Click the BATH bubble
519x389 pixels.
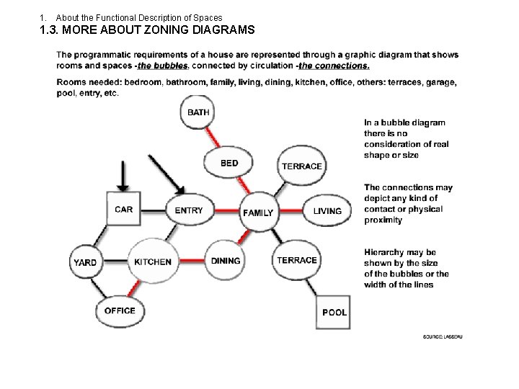(x=198, y=112)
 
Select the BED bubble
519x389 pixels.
(x=229, y=164)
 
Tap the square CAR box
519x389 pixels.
(x=124, y=210)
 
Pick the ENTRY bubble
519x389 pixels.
(x=189, y=210)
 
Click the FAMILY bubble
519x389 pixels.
(x=257, y=213)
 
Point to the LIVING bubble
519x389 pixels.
(x=327, y=211)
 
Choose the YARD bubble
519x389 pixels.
(x=85, y=262)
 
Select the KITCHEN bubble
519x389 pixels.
(x=153, y=261)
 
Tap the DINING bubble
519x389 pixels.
(x=226, y=261)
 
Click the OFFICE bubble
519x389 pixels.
(x=120, y=310)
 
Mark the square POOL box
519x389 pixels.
(x=334, y=312)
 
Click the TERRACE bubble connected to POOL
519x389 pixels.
(x=296, y=260)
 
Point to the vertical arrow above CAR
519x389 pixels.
(x=124, y=174)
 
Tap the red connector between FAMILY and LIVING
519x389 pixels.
(x=291, y=212)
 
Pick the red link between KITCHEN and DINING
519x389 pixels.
(x=191, y=261)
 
